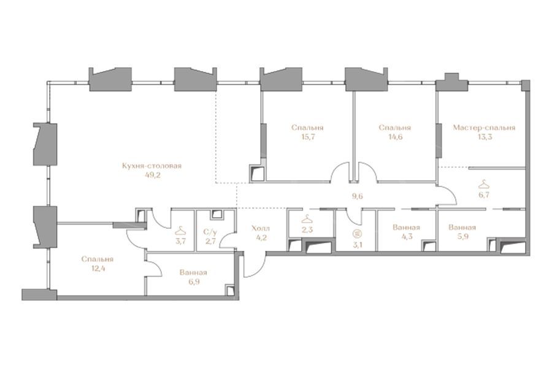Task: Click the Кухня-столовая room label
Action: tap(151, 166)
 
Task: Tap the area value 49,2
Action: tap(153, 175)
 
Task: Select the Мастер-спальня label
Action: tap(484, 128)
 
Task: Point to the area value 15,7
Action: tap(307, 137)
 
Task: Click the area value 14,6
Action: tap(394, 137)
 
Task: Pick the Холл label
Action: tap(261, 228)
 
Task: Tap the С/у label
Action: tap(210, 232)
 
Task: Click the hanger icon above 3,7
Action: tap(181, 231)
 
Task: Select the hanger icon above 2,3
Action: tap(307, 219)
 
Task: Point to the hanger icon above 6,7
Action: tap(484, 184)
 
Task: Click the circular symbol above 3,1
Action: tap(358, 233)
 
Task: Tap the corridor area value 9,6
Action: tap(358, 196)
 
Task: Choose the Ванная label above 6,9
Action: tap(193, 272)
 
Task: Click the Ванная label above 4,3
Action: tap(406, 228)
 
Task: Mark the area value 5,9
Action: tap(462, 237)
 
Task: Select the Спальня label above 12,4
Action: tap(97, 259)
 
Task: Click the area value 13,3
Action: tap(485, 137)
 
